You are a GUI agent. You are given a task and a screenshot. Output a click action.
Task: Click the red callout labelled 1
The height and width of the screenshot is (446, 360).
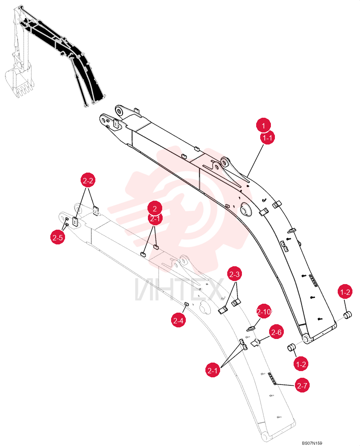[x=263, y=125]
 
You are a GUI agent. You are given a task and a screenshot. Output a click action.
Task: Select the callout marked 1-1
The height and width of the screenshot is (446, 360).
[x=267, y=138]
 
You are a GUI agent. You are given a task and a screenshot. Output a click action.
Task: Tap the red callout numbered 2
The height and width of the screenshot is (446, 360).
[x=155, y=208]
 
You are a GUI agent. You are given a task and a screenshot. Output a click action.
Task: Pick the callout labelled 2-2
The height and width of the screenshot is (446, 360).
[x=87, y=180]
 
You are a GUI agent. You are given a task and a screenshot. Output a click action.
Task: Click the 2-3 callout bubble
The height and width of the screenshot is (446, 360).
[x=234, y=274]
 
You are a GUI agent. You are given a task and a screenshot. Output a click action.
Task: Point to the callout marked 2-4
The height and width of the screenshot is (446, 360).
[x=178, y=321]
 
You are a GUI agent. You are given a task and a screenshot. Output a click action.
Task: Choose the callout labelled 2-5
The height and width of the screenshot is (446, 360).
[x=57, y=237]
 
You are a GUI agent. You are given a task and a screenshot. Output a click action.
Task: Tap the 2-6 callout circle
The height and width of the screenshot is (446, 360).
[x=276, y=332]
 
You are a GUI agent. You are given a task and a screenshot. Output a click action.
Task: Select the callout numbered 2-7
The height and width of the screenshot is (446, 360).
[x=302, y=385]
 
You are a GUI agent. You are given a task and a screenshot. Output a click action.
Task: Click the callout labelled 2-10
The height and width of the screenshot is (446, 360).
[x=264, y=312]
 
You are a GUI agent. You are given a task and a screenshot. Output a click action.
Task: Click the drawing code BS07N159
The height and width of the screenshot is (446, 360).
[x=312, y=443]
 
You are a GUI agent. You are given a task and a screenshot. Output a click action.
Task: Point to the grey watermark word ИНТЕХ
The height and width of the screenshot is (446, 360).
[x=178, y=289]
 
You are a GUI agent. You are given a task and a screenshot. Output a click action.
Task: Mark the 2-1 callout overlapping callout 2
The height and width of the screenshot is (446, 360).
[x=155, y=219]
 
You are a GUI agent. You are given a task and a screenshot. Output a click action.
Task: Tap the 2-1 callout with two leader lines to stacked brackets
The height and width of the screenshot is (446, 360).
[x=213, y=370]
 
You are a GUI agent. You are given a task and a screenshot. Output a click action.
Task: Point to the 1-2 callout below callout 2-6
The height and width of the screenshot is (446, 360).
[x=301, y=364]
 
